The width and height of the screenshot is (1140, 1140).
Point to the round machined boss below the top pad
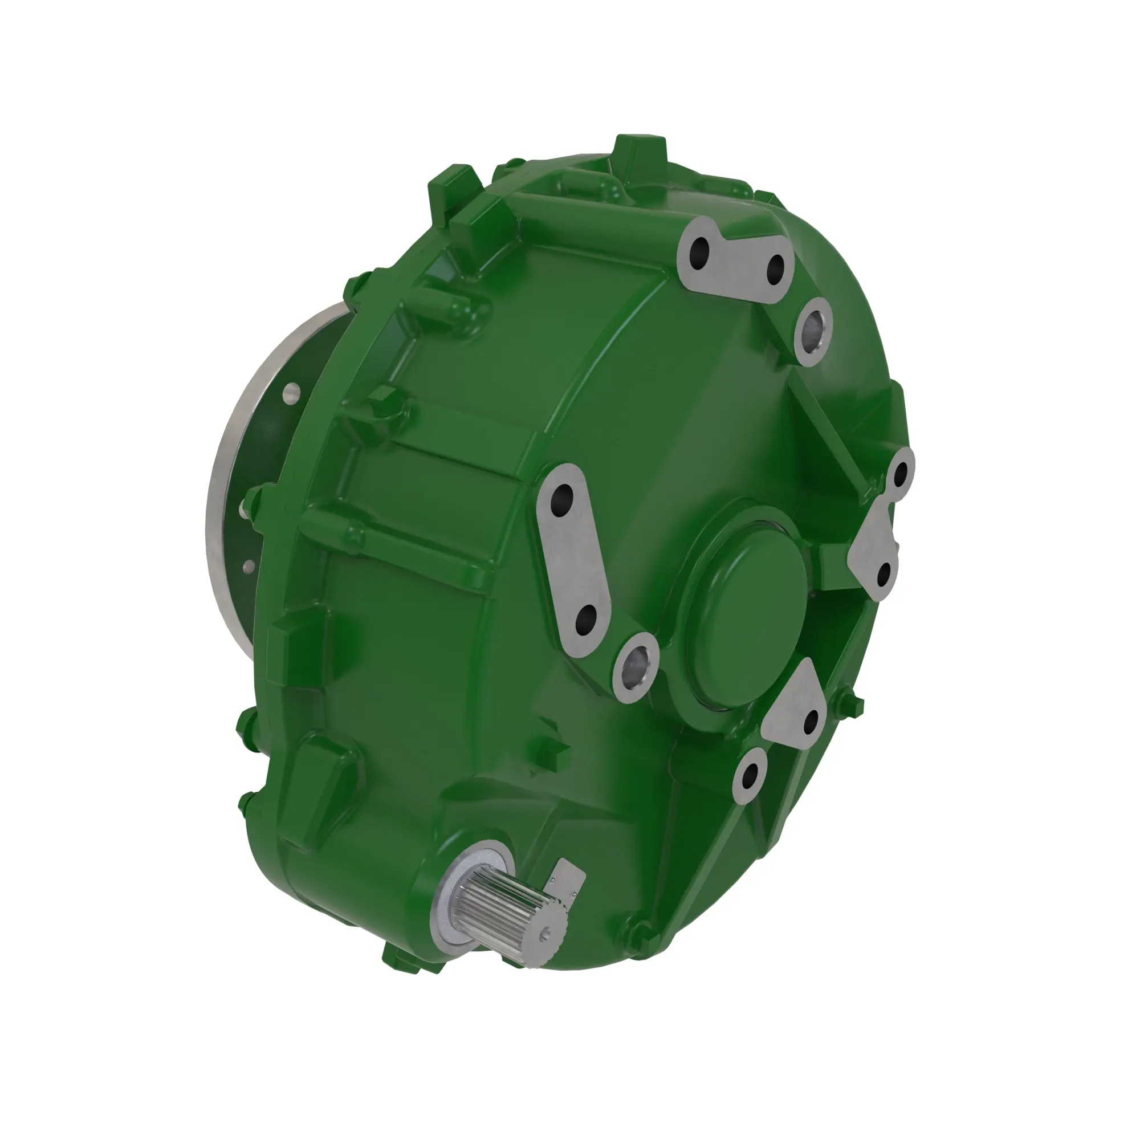click(812, 331)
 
